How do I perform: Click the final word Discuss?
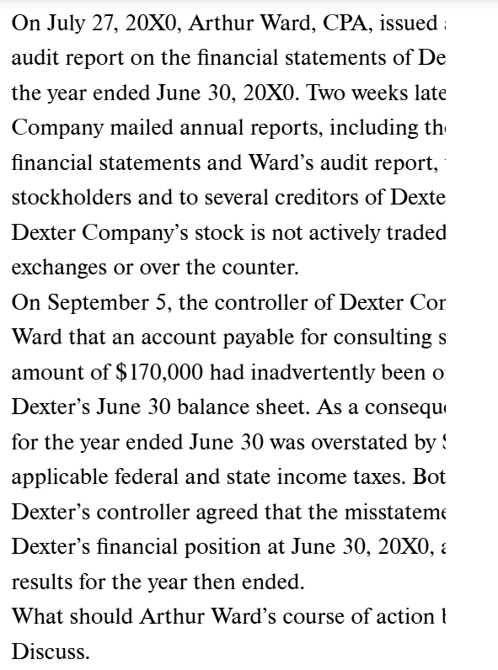51,652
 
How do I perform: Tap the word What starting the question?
38,617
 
